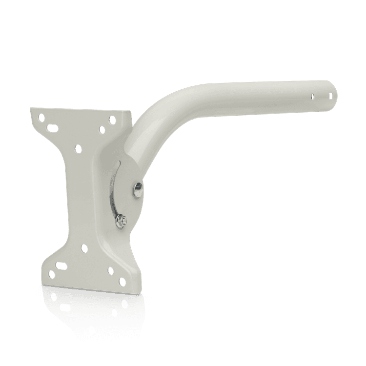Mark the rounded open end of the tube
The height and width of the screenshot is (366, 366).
(333, 93)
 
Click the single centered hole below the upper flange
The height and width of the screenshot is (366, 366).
(78, 147)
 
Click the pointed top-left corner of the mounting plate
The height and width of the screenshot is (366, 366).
(30, 108)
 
